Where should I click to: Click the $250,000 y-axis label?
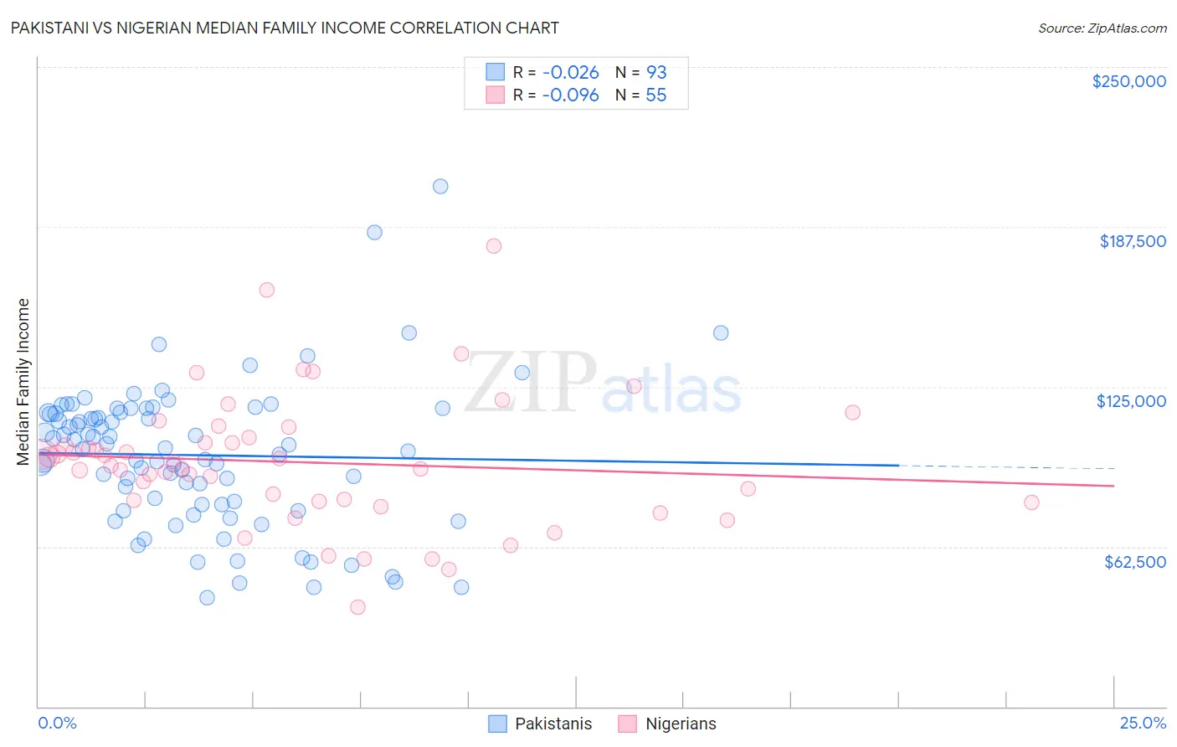(1128, 81)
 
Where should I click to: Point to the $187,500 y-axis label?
(1132, 241)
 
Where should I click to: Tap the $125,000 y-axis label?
(1131, 401)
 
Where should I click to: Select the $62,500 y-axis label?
(1134, 562)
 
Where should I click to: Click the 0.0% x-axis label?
(57, 723)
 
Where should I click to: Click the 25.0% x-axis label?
(1143, 723)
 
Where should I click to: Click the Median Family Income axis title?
(23, 382)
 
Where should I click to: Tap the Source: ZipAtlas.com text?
(1102, 28)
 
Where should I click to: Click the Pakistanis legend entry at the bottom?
(553, 724)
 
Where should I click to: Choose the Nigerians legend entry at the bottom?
(680, 724)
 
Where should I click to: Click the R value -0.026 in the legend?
(570, 72)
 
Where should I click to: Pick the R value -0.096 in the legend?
(570, 95)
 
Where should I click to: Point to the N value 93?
(656, 72)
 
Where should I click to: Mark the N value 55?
(656, 95)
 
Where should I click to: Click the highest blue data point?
(440, 186)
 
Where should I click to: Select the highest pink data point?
(494, 245)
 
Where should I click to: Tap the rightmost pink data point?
(1031, 502)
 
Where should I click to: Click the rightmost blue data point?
(721, 332)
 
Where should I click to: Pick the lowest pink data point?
(357, 607)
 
